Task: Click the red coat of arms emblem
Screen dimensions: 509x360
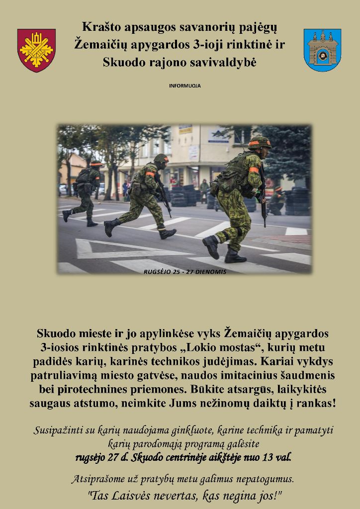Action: [x=36, y=50]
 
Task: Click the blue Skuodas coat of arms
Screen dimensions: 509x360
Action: [x=322, y=50]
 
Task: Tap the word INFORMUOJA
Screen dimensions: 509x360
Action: [x=185, y=86]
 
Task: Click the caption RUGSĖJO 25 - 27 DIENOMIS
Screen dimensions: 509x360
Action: [x=184, y=272]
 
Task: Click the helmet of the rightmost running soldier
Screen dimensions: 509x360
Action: [x=259, y=143]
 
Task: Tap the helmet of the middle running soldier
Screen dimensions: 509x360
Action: [x=161, y=158]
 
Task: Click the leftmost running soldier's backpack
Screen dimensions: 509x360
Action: [x=83, y=176]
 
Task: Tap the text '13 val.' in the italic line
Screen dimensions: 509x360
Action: [x=278, y=457]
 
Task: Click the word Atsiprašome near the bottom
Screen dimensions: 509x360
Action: [x=96, y=480]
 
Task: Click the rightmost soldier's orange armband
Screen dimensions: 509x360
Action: [x=254, y=170]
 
